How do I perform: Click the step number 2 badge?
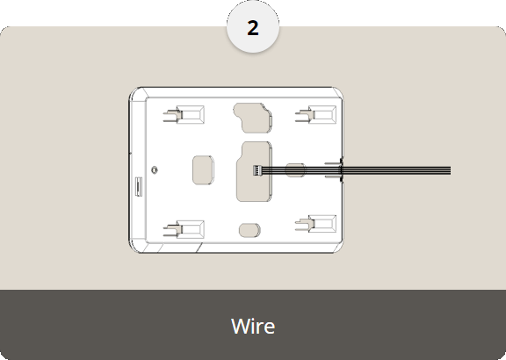[x=253, y=27]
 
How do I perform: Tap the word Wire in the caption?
[x=253, y=326]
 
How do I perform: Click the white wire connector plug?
[x=257, y=170]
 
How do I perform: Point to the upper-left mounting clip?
[x=184, y=115]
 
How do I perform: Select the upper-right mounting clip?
[x=315, y=114]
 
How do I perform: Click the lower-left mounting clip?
[x=184, y=230]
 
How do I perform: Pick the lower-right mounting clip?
[x=315, y=224]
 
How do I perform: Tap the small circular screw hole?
[x=155, y=169]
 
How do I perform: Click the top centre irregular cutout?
[x=253, y=118]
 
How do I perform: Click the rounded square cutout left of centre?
[x=203, y=170]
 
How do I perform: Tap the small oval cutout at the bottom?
[x=249, y=230]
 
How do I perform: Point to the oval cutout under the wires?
[x=295, y=170]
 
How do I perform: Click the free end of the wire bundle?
[x=450, y=170]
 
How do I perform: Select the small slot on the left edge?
[x=139, y=186]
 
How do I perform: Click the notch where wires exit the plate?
[x=341, y=170]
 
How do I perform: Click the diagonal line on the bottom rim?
[x=199, y=248]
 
